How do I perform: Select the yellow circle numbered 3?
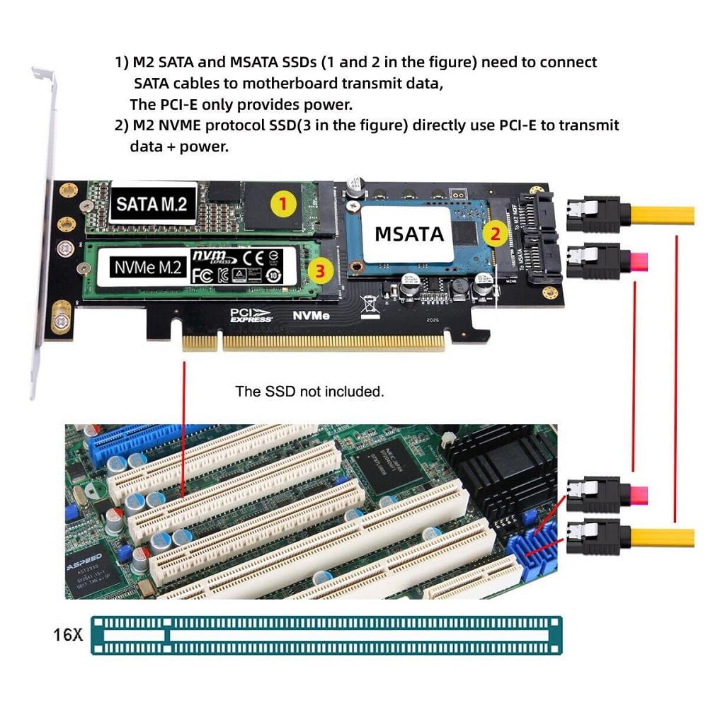(x=320, y=269)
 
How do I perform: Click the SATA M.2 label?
(x=152, y=204)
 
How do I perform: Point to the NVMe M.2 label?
(x=148, y=268)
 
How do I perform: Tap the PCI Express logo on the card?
(x=251, y=315)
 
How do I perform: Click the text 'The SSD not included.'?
(x=309, y=392)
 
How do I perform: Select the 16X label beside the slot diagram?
(x=68, y=634)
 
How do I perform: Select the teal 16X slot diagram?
(x=326, y=634)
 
